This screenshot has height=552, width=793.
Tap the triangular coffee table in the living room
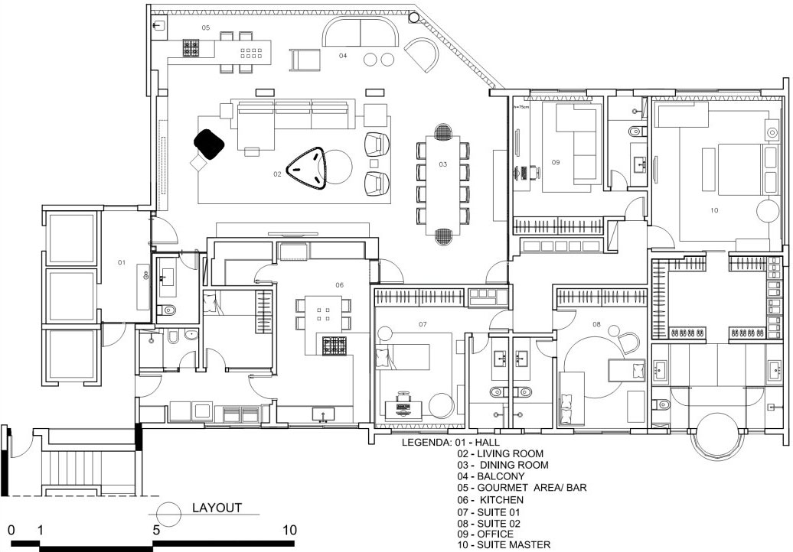click(306, 167)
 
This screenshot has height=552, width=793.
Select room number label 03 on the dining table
click(443, 164)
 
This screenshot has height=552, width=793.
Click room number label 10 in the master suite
click(714, 210)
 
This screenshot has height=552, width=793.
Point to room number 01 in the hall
click(122, 262)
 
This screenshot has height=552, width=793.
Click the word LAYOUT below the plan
click(217, 508)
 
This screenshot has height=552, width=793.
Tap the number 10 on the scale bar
click(289, 530)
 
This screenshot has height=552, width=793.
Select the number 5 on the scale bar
click(156, 530)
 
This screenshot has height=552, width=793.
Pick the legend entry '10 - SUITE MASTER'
click(503, 545)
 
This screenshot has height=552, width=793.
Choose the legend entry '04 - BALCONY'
click(491, 476)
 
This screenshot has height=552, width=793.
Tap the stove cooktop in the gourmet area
click(191, 48)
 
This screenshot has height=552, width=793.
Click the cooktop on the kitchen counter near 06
click(334, 346)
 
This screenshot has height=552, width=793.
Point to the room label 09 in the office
click(555, 162)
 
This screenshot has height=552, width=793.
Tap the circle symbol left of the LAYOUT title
click(168, 514)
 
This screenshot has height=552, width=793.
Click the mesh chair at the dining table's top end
click(443, 131)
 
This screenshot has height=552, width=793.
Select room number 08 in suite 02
click(596, 324)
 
